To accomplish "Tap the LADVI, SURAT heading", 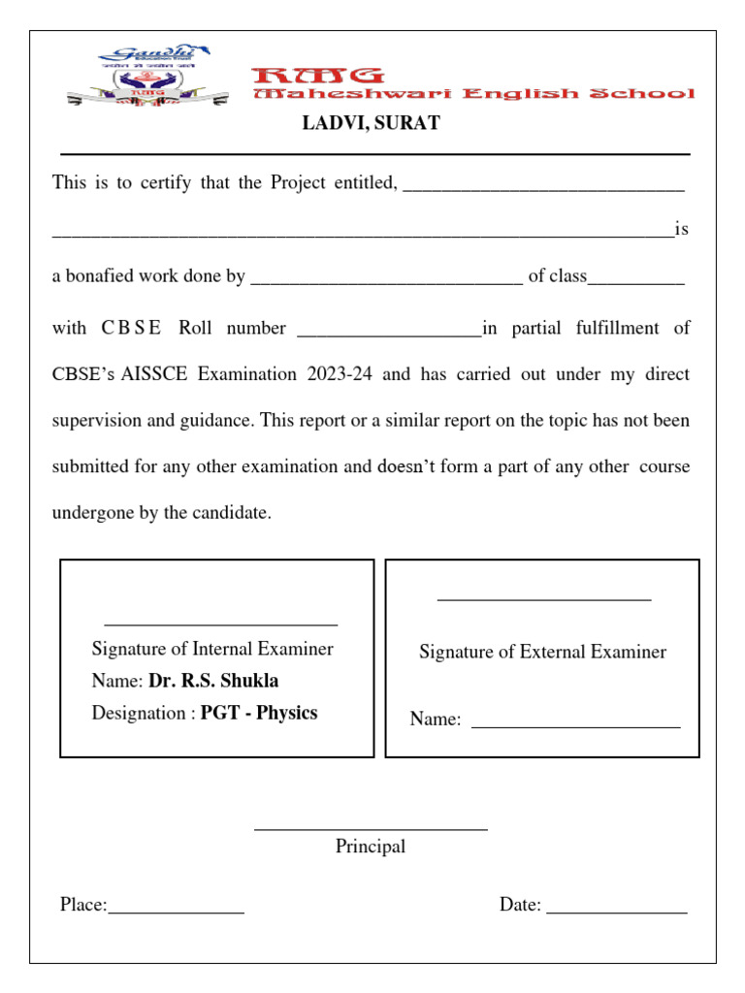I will pos(372,123).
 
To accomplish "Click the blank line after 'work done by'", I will pos(386,281).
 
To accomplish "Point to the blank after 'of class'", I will pos(636,281).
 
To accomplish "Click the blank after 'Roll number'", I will pos(388,333).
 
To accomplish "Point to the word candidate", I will pos(234,513).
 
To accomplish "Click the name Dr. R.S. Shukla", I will pos(213,681).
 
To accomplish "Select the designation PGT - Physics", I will pos(259,713).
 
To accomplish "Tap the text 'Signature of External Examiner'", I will pos(542,652).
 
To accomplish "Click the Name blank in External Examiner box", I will pos(575,724).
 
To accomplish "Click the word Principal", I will pos(371,847).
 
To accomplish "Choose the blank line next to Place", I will pos(176,910).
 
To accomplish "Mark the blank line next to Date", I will pos(616,910).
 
